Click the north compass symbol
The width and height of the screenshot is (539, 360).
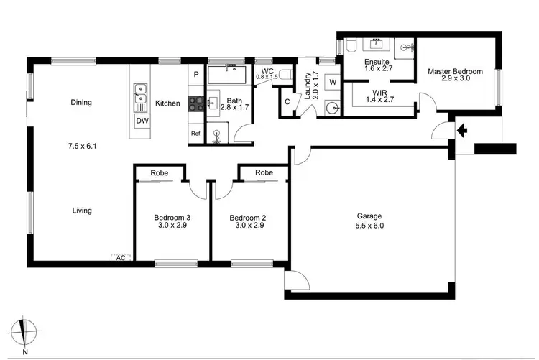point(27,332)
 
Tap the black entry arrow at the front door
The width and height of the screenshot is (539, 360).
point(461,131)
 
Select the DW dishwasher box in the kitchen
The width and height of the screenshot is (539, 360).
point(142,121)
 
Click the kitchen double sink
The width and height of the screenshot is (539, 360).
point(141,93)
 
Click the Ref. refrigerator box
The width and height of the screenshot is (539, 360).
point(195,134)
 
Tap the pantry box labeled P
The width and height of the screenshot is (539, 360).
point(195,74)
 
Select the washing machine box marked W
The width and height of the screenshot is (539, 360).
point(332,83)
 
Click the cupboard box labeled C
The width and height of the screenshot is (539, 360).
point(287,102)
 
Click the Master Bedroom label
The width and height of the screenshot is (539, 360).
point(455,72)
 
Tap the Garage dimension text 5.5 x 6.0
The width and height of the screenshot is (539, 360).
point(370,226)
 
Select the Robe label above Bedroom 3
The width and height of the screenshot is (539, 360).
point(160,173)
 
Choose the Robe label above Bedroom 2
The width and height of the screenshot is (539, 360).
point(264,173)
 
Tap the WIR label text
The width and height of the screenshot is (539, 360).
point(380,93)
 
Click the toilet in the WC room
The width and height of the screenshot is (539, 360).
point(284,73)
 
